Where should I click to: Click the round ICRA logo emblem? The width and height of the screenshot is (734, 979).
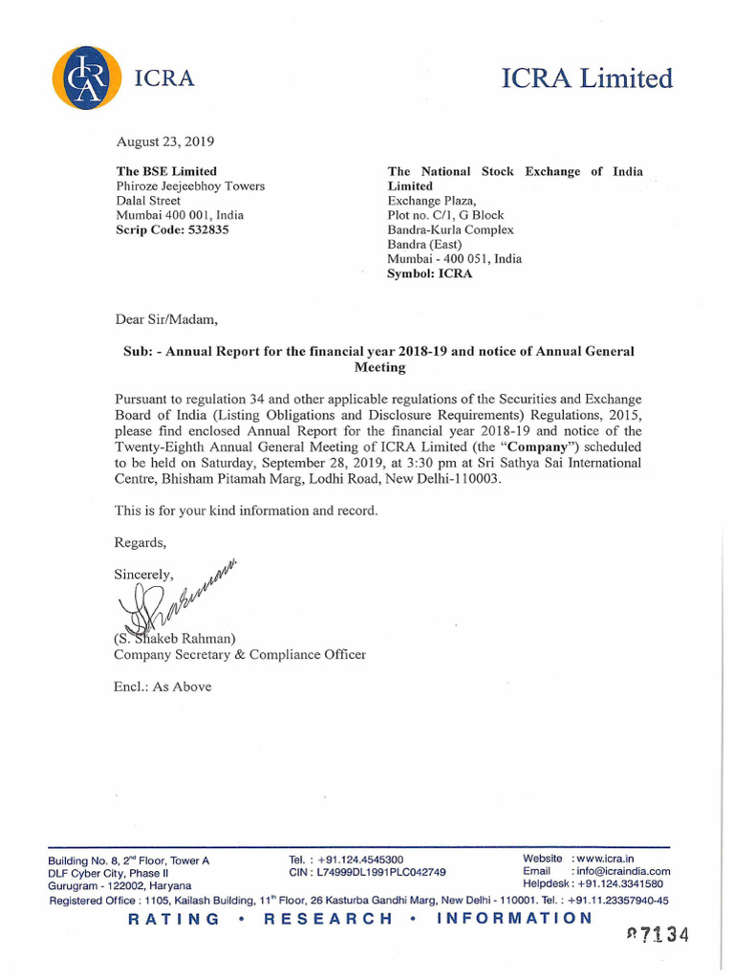point(87,78)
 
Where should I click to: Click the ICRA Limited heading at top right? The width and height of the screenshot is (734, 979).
point(587,78)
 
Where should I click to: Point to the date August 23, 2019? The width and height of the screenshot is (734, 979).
point(164,141)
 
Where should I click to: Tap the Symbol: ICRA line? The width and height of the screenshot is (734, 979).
point(429,273)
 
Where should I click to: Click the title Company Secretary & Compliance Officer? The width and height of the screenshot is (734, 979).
point(239,655)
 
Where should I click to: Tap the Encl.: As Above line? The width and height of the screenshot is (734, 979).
point(162,686)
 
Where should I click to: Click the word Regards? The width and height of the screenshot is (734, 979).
point(140,543)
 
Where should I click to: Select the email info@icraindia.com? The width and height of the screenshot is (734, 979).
point(621,871)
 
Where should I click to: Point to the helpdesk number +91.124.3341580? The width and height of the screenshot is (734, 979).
point(620,884)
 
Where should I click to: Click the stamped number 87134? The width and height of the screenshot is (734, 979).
point(657,935)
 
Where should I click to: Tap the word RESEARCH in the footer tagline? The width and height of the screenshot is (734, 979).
point(328,919)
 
